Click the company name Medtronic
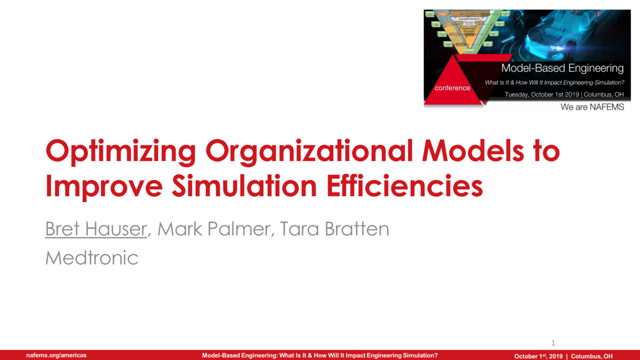pyautogui.click(x=92, y=259)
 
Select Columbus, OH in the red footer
pyautogui.click(x=592, y=356)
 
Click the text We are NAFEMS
pyautogui.click(x=592, y=107)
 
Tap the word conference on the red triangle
pyautogui.click(x=453, y=88)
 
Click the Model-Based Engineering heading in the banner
pyautogui.click(x=562, y=68)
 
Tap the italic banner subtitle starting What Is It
pyautogui.click(x=554, y=83)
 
